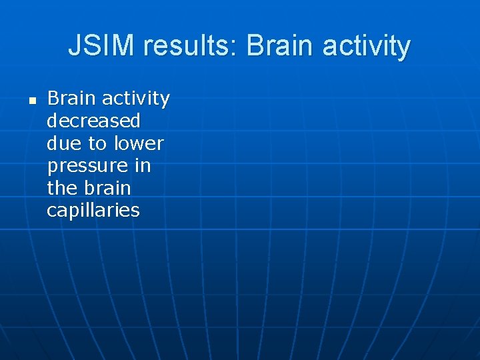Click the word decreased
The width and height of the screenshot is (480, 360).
[x=93, y=121]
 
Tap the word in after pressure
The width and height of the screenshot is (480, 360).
[x=142, y=165]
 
